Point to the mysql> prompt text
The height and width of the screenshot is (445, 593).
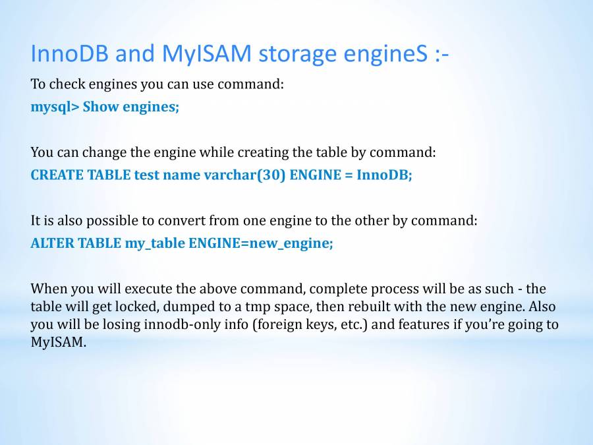point(55,107)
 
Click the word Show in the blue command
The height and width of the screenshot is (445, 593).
point(99,107)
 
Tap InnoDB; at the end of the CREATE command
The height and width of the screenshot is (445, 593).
point(384,175)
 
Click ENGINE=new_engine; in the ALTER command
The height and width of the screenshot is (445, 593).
point(261,243)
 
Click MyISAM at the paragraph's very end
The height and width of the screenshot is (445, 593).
point(58,343)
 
